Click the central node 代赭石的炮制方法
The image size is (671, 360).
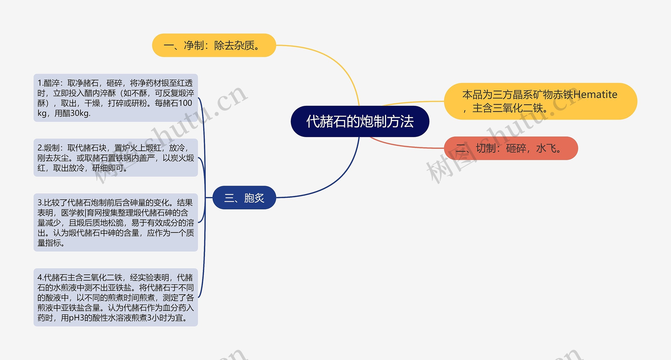click(x=360, y=121)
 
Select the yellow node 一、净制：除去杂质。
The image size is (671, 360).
click(x=214, y=45)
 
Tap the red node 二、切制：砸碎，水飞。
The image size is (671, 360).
click(x=511, y=148)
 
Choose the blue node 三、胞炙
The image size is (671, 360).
click(x=244, y=198)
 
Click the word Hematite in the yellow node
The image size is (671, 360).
click(x=595, y=94)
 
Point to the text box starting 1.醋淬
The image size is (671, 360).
click(x=116, y=98)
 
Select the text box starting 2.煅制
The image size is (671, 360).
click(x=116, y=157)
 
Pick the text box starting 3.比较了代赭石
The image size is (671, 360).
click(x=116, y=222)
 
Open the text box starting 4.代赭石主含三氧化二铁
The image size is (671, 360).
click(x=116, y=297)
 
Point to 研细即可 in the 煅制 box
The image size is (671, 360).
click(x=108, y=168)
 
